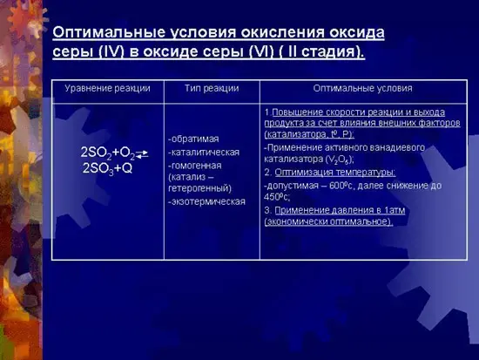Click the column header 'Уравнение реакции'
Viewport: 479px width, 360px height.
coord(107,89)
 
